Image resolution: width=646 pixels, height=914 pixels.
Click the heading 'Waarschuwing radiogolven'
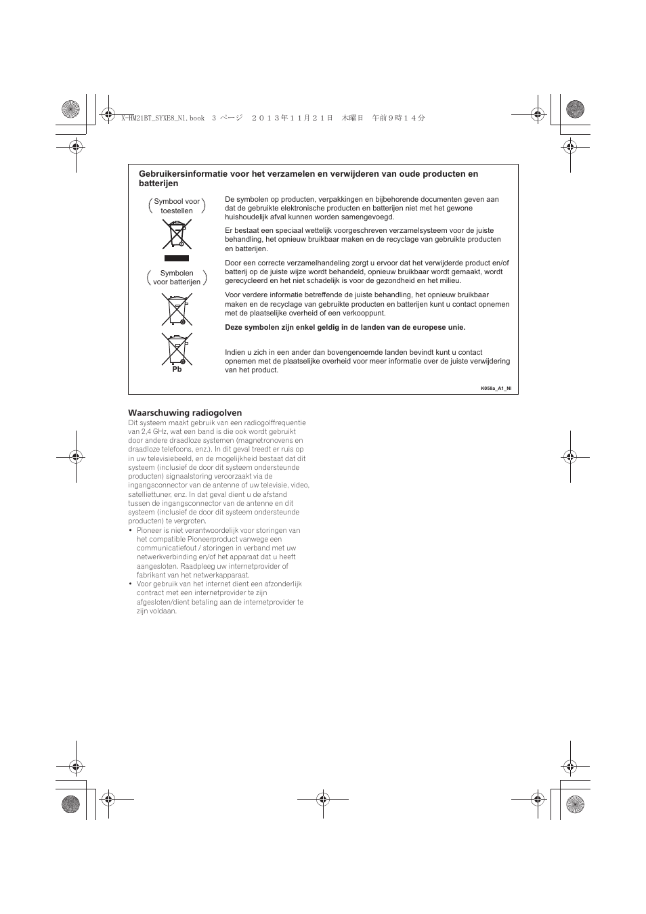tap(185, 412)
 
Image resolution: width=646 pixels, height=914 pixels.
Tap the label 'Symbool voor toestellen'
tap(177, 206)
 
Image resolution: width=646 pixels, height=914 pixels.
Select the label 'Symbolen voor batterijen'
tap(177, 278)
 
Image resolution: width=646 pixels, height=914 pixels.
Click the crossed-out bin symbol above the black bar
tap(177, 234)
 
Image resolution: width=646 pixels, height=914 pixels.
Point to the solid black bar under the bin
tap(177, 258)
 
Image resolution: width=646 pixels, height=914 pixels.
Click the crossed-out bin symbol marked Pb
tap(177, 349)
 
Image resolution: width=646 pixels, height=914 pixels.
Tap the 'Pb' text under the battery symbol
tap(177, 370)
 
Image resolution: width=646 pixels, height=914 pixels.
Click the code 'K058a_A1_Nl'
tap(496, 389)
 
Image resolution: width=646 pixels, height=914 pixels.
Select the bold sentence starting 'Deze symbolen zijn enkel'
tap(345, 327)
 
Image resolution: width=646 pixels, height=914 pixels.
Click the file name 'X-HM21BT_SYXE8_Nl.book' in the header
tap(163, 118)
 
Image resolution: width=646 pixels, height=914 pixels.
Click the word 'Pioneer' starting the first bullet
tap(148, 530)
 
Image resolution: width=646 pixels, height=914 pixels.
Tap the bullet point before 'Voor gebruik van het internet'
tap(131, 584)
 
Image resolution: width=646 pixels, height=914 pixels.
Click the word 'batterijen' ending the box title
tap(158, 183)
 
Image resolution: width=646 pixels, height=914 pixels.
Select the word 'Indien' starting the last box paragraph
tap(235, 352)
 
